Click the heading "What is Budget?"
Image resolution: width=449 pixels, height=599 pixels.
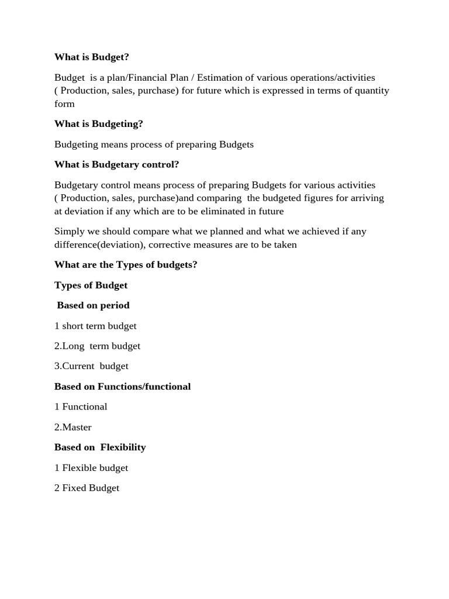point(91,57)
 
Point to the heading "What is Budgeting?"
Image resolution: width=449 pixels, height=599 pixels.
point(98,124)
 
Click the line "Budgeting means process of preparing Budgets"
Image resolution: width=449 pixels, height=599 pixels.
point(154,144)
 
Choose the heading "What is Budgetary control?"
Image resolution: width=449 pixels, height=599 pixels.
point(116,164)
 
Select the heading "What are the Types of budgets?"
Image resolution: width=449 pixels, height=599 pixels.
point(126,265)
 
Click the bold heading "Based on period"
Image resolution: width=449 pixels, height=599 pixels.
point(93,305)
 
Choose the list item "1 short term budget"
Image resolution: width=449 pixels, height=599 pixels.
point(95,326)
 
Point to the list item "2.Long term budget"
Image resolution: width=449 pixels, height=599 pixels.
point(97,346)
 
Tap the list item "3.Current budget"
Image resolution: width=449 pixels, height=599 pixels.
point(91,366)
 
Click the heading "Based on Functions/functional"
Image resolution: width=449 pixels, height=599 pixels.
point(122,387)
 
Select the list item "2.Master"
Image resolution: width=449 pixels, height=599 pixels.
point(73,427)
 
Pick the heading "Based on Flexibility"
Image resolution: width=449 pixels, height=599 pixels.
point(100,447)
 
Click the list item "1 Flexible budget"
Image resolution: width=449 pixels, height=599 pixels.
point(91,468)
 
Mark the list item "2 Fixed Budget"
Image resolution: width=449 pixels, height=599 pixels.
point(87,488)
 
